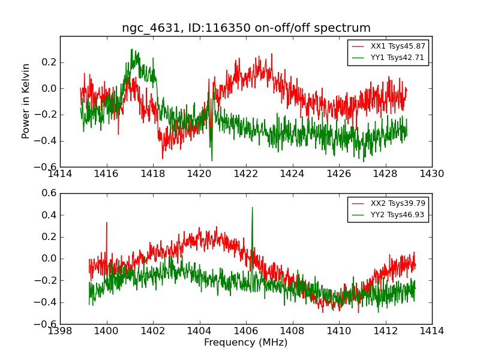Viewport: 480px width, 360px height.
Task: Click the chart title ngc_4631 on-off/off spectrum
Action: click(x=246, y=28)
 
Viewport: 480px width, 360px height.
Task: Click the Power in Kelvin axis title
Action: click(x=26, y=101)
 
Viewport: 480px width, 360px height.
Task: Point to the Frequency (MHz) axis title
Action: click(x=246, y=343)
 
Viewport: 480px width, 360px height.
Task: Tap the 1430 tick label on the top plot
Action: click(x=432, y=174)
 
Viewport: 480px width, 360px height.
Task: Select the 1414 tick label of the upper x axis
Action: click(x=60, y=174)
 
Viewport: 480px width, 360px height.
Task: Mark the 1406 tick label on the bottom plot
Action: click(x=246, y=331)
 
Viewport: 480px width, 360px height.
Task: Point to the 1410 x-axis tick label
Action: click(x=339, y=331)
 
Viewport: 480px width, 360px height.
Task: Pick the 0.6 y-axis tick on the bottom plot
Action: click(x=48, y=193)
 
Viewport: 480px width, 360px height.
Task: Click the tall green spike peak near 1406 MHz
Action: click(x=252, y=208)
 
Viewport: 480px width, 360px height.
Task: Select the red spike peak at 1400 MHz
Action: click(x=107, y=222)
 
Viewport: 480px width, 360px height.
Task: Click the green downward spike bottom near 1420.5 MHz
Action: click(x=212, y=160)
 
